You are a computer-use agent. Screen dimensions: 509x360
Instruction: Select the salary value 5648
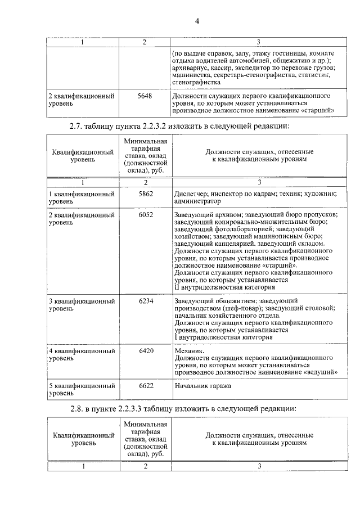[x=145, y=96]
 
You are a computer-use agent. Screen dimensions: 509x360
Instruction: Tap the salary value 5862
[x=145, y=193]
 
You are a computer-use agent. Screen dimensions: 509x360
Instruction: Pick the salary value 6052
[x=145, y=215]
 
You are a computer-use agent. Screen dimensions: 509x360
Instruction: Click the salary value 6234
[x=145, y=301]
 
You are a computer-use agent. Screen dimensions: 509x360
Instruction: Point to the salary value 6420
[x=145, y=350]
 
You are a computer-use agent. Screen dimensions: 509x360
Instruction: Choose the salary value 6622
[x=145, y=386]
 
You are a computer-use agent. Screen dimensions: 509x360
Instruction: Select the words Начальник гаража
[x=202, y=386]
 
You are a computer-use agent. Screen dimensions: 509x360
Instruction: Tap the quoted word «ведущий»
[x=322, y=372]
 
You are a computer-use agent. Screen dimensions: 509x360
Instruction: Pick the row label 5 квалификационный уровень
[x=82, y=390]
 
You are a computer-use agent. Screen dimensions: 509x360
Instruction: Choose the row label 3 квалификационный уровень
[x=82, y=305]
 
